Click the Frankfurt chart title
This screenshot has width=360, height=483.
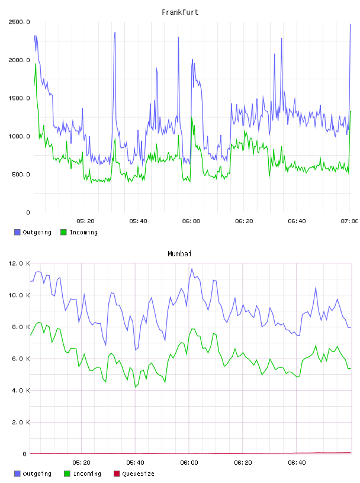(x=180, y=12)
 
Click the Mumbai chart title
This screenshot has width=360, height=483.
(x=179, y=254)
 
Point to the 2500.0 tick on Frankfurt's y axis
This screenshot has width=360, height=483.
(x=19, y=22)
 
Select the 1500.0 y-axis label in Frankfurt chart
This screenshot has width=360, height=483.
(x=19, y=98)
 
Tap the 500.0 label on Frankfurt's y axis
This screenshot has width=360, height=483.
(x=21, y=175)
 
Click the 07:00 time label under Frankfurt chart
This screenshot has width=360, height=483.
(x=349, y=221)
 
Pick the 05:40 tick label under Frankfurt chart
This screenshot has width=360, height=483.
(x=138, y=221)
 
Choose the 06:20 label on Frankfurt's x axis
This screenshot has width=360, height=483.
(x=244, y=221)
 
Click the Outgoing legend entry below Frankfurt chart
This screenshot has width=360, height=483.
(x=33, y=232)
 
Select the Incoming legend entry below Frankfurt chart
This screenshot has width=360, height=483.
(x=79, y=232)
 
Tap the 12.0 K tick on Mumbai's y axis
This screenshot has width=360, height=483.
(x=19, y=263)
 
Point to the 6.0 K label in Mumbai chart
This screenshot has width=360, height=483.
(x=21, y=359)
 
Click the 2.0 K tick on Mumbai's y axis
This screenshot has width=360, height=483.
(x=21, y=422)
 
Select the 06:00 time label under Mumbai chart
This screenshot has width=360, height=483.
(x=189, y=462)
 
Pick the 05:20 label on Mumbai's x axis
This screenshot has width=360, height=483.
(x=81, y=462)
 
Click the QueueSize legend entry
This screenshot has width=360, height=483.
(x=134, y=474)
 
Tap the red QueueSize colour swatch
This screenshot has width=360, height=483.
(x=117, y=474)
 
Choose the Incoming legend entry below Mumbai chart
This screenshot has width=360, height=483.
(x=83, y=474)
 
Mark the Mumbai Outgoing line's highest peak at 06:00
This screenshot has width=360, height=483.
(x=192, y=269)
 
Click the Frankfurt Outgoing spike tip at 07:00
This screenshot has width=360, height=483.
(x=351, y=25)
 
